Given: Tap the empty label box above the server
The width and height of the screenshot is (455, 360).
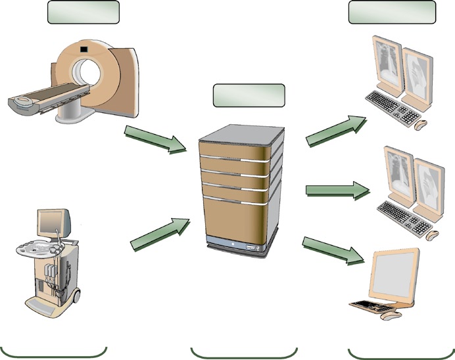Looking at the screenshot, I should (x=249, y=95).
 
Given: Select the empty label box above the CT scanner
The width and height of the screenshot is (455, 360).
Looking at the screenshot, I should (x=84, y=12).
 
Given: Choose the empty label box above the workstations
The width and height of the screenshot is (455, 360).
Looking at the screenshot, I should (x=392, y=12).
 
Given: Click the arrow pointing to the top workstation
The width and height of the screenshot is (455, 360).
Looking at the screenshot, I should (x=336, y=129).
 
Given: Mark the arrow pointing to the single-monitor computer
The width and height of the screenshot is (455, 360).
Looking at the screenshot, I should (x=333, y=250).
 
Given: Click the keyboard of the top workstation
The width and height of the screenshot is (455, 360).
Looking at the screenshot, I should (x=393, y=108).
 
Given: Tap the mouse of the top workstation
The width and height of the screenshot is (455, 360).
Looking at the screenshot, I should (x=421, y=123).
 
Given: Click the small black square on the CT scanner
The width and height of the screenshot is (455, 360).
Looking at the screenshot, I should (x=84, y=48).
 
